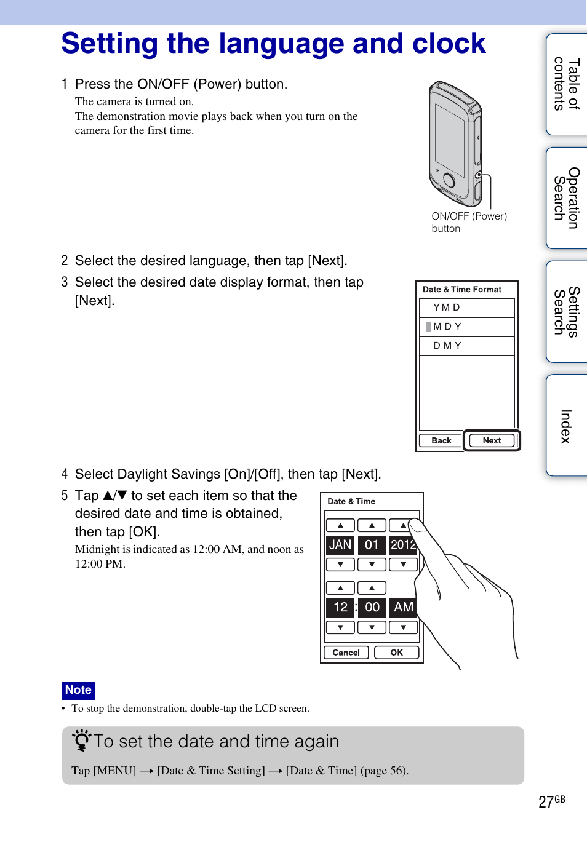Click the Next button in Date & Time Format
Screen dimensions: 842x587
click(x=492, y=440)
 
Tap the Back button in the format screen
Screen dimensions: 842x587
click(x=441, y=440)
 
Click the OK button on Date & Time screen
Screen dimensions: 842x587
click(x=396, y=653)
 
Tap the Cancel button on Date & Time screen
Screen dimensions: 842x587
click(x=346, y=653)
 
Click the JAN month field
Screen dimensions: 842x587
click(x=340, y=545)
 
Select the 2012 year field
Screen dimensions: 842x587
click(x=403, y=545)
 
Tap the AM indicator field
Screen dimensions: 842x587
click(x=403, y=607)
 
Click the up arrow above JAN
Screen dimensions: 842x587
click(x=340, y=525)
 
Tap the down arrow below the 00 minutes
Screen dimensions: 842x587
click(x=372, y=627)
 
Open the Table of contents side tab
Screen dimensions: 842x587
click(x=567, y=84)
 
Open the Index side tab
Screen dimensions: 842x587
click(x=567, y=426)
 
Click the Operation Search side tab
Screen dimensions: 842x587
click(x=567, y=198)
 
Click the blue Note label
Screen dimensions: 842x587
click(x=78, y=690)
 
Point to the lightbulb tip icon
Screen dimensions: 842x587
click(x=81, y=740)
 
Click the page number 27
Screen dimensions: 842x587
click(x=546, y=802)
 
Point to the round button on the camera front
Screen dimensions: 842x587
click(x=449, y=180)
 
